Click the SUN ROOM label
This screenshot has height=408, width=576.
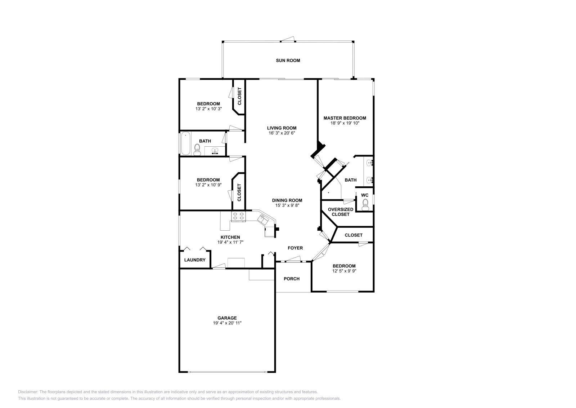pos(288,61)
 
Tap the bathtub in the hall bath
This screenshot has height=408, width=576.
pos(185,144)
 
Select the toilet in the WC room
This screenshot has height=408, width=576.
pos(365,204)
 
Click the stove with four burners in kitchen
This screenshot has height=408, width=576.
pos(238,216)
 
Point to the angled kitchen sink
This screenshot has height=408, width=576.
pos(264,218)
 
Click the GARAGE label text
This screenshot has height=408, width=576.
pos(227,318)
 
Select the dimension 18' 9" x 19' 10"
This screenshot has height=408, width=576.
pos(345,123)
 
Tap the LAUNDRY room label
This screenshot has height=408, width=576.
pos(195,260)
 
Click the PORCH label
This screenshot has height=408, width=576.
pos(291,279)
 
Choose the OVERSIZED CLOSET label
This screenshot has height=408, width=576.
pos(340,212)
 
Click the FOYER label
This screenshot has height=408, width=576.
pos(295,248)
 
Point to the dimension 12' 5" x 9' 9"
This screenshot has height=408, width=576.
pos(344,271)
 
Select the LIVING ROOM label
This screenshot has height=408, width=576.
pos(282,128)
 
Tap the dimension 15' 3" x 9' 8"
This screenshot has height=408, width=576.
pos(287,205)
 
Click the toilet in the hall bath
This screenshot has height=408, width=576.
pos(197,149)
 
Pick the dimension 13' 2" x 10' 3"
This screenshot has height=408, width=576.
pos(208,109)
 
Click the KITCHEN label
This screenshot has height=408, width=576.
pos(230,237)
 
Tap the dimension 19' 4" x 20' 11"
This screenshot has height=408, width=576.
pos(227,323)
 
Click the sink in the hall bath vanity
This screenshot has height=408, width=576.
pos(215,151)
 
